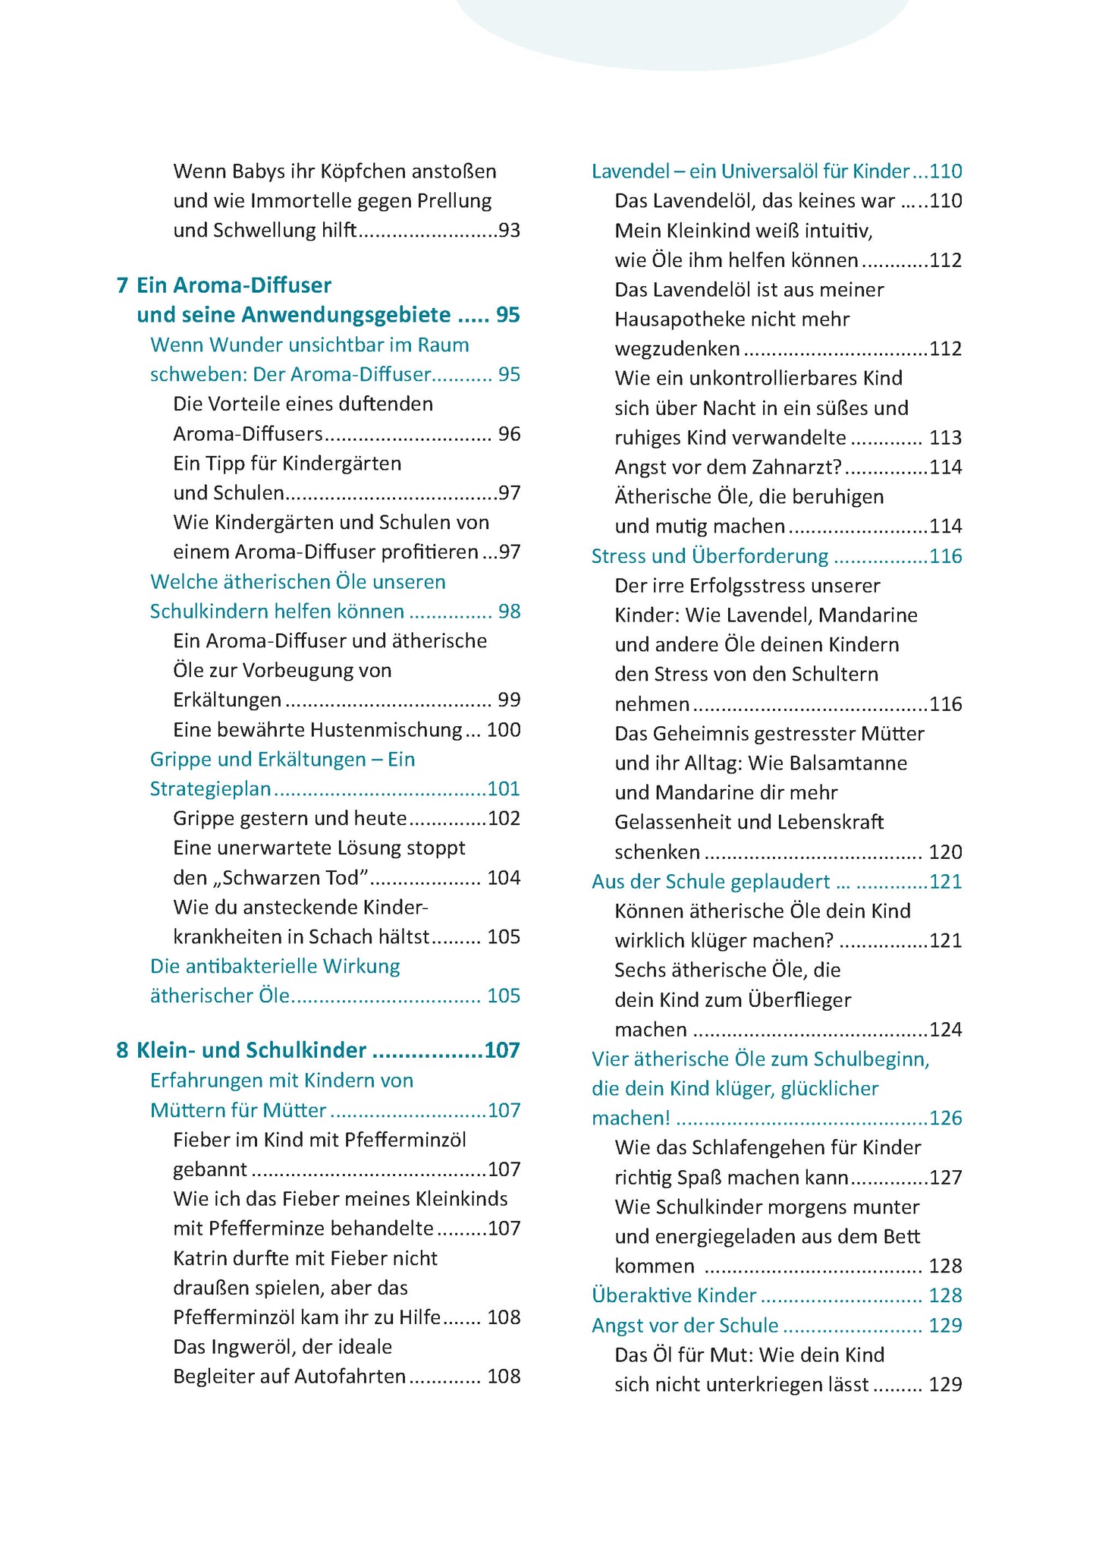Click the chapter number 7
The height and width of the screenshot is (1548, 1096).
(x=122, y=285)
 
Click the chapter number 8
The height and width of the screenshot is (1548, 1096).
(x=122, y=1050)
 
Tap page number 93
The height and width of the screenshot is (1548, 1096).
(x=509, y=230)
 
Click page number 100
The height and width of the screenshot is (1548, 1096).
(x=504, y=730)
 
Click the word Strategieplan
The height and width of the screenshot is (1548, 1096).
(x=210, y=789)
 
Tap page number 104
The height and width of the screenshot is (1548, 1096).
(x=504, y=878)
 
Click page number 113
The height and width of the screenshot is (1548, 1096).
(x=945, y=438)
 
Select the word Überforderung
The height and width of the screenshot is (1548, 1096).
(x=759, y=556)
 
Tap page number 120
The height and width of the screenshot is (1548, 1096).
(x=945, y=852)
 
